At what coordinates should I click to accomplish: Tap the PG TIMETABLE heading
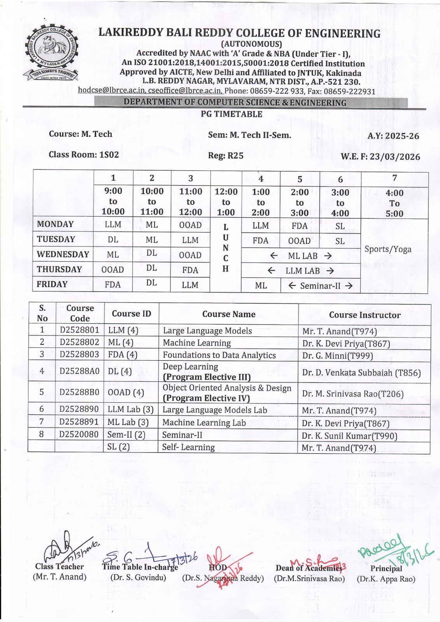click(231, 114)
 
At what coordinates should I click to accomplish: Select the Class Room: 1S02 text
click(84, 155)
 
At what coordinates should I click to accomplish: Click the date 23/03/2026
click(395, 157)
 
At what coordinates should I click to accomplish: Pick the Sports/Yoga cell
click(388, 249)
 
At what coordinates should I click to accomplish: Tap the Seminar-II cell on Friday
click(320, 286)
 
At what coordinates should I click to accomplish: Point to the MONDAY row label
click(55, 224)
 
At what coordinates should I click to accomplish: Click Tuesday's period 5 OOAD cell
click(299, 241)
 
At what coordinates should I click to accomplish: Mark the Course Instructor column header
click(365, 315)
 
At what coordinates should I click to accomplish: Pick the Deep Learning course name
click(191, 367)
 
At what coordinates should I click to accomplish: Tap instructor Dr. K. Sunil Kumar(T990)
click(349, 436)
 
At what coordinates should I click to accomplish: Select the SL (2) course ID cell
click(119, 447)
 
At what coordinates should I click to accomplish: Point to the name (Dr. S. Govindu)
click(138, 578)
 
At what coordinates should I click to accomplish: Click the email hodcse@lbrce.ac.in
click(112, 91)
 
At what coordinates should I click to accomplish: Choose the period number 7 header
click(394, 178)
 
